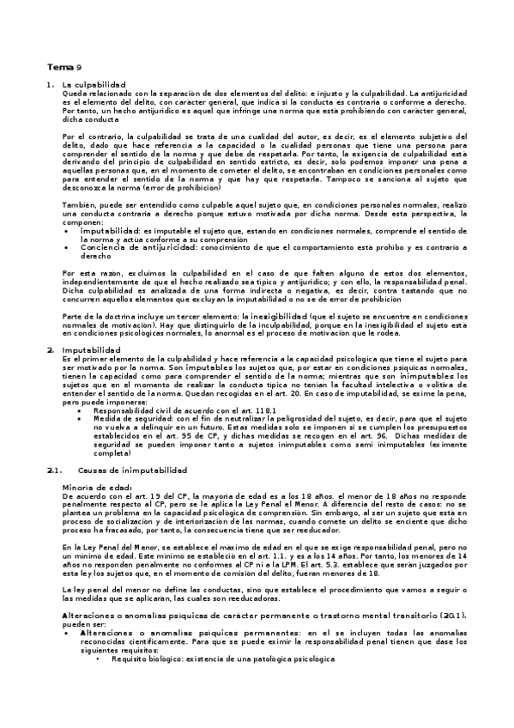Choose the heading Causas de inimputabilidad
(x=129, y=470)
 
